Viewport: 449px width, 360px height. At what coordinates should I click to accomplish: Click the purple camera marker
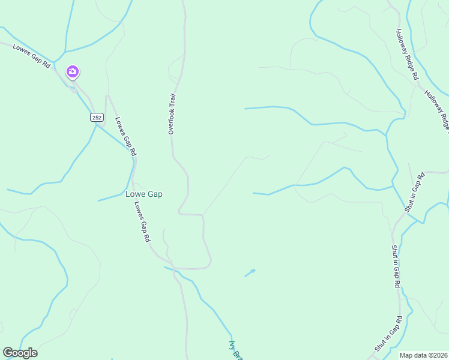pos(73,72)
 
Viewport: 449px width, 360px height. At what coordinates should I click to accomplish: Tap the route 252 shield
pos(96,117)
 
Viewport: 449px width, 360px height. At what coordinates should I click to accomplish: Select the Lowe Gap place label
pos(144,194)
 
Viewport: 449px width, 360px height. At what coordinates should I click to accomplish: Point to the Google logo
pos(20,353)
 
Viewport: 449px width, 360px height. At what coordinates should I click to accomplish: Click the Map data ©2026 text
pos(423,355)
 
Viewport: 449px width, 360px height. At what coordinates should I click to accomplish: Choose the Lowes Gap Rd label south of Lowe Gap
pos(142,221)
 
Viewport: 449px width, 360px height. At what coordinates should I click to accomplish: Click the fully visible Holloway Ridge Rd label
pos(406,55)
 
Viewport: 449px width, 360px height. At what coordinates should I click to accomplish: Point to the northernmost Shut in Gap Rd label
pos(414,192)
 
